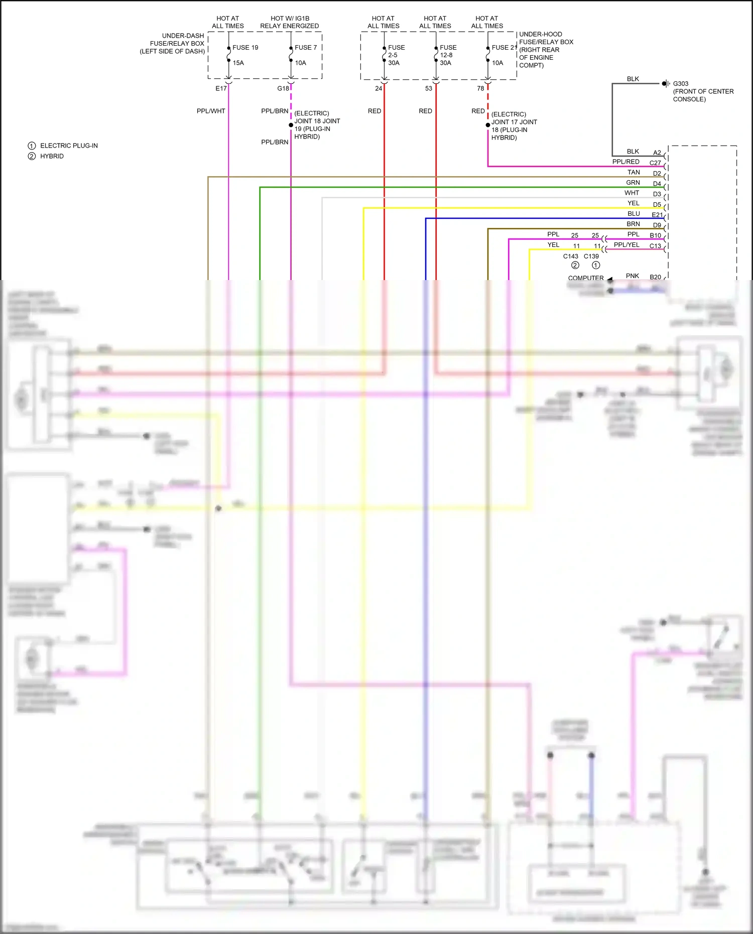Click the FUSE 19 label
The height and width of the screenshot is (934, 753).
(x=245, y=48)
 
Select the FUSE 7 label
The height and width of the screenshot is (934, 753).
(x=305, y=48)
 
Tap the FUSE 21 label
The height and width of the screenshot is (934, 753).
(x=504, y=48)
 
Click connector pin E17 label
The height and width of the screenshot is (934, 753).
(x=221, y=88)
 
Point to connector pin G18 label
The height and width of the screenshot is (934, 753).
(x=283, y=88)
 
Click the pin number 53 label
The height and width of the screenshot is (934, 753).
(x=428, y=88)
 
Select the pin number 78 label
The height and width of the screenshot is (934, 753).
(x=480, y=88)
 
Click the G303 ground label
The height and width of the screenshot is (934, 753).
(x=680, y=84)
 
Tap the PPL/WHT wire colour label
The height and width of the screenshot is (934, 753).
(x=211, y=111)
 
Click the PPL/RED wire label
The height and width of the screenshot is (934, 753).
(x=625, y=162)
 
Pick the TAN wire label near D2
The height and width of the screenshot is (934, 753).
(x=634, y=172)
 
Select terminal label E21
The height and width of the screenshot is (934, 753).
(x=657, y=215)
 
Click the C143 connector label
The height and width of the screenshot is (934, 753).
(x=570, y=256)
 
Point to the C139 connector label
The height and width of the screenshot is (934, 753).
(x=591, y=256)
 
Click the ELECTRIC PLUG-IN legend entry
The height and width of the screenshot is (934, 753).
(x=69, y=146)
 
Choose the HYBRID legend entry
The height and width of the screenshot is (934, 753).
(x=52, y=156)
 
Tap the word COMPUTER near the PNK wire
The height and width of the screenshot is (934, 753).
(x=585, y=278)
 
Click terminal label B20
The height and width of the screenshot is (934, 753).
(x=655, y=277)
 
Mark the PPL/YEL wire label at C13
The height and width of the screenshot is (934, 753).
(x=626, y=245)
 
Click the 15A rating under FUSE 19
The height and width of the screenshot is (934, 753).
(x=238, y=63)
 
